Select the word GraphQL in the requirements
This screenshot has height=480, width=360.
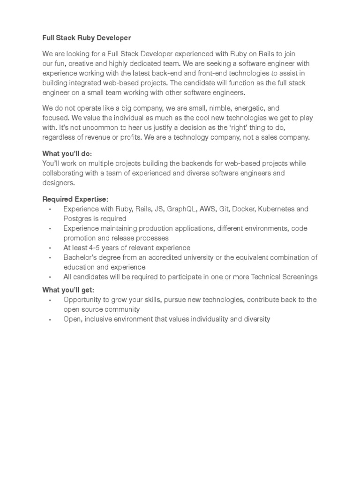tap(182, 209)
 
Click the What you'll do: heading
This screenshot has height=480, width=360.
tap(67, 154)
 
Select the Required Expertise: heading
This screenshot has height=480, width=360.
tap(75, 199)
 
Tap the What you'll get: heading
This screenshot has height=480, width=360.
tap(68, 290)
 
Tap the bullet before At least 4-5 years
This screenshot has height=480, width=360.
tap(49, 247)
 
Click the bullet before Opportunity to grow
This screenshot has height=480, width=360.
tap(49, 300)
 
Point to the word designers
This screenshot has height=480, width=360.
tap(58, 183)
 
